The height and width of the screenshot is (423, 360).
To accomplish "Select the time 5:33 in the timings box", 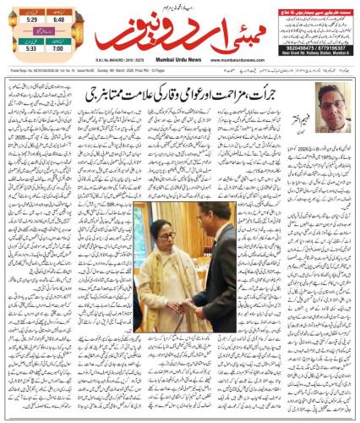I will pyautogui.click(x=29, y=49).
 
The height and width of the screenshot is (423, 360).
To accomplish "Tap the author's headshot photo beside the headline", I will pyautogui.click(x=333, y=100).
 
